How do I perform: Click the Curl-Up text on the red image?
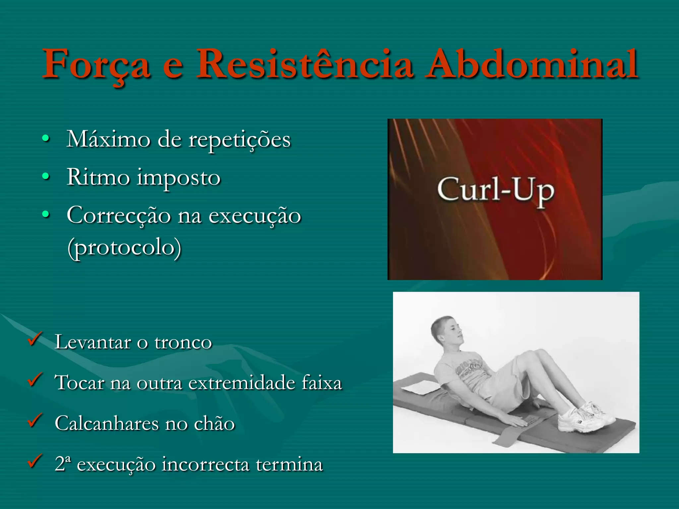tap(495, 191)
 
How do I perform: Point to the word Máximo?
tap(108, 139)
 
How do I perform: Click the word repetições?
tap(239, 141)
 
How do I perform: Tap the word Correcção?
tap(119, 216)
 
